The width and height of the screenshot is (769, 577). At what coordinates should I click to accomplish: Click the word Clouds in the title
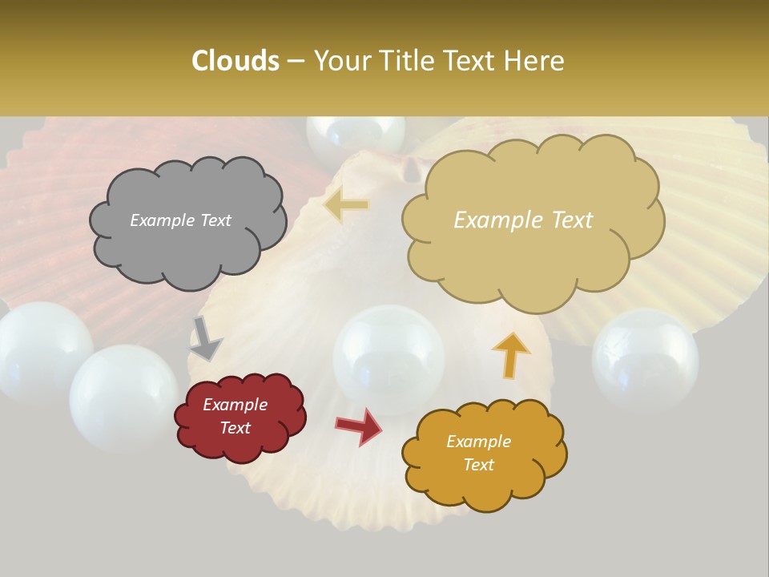235,61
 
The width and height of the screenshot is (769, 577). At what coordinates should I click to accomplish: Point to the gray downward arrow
207,339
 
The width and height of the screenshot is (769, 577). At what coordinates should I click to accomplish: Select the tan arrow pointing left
346,206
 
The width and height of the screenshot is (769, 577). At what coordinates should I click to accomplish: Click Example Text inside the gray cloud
180,220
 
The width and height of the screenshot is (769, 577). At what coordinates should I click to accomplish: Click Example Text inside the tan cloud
523,220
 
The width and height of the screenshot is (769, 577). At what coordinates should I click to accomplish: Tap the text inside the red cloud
236,416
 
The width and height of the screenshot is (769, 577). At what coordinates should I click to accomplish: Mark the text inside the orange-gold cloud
478,453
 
